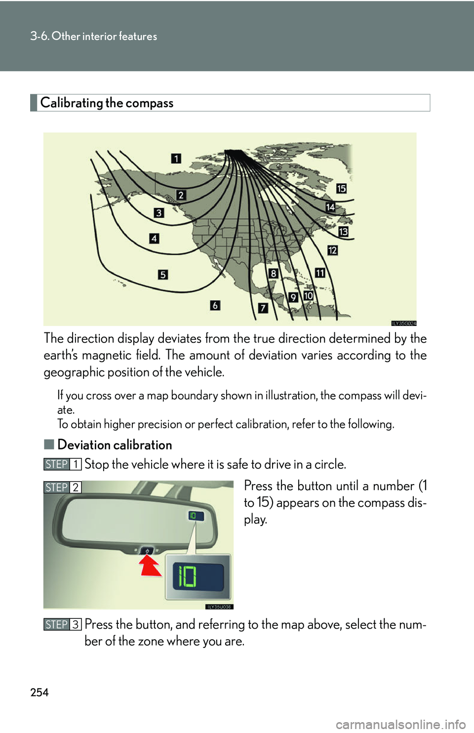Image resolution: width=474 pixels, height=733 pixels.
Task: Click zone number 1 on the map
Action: (176, 159)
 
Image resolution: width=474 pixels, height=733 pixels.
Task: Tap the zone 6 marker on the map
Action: (215, 305)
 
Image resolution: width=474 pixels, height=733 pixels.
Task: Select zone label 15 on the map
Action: (341, 188)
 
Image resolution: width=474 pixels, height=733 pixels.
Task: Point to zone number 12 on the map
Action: (332, 250)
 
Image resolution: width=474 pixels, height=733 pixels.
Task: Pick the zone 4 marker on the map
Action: (154, 239)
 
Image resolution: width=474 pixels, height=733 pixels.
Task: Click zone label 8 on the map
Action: (273, 273)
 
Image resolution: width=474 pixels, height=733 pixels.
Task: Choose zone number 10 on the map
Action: (308, 296)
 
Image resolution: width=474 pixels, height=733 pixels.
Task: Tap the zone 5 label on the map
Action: (163, 275)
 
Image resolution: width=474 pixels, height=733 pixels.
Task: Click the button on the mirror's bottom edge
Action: (147, 550)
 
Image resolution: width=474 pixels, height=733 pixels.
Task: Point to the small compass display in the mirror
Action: (193, 516)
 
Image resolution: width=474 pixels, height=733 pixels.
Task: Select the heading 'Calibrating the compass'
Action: (107, 103)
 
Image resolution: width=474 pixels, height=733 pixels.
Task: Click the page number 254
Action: (39, 692)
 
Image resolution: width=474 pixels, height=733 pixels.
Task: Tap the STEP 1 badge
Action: (62, 464)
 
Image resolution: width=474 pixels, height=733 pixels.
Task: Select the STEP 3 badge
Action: (62, 624)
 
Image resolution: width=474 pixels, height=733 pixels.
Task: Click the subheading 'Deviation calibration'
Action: (115, 445)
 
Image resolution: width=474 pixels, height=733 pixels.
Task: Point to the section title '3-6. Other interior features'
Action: (94, 36)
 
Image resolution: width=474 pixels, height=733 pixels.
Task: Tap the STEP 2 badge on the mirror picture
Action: (62, 488)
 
